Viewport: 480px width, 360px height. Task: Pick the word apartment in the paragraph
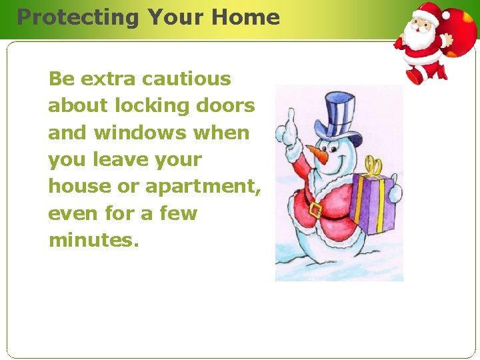pos(202,187)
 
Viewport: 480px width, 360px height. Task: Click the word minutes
pos(93,240)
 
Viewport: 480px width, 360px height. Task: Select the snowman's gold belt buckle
pos(315,211)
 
